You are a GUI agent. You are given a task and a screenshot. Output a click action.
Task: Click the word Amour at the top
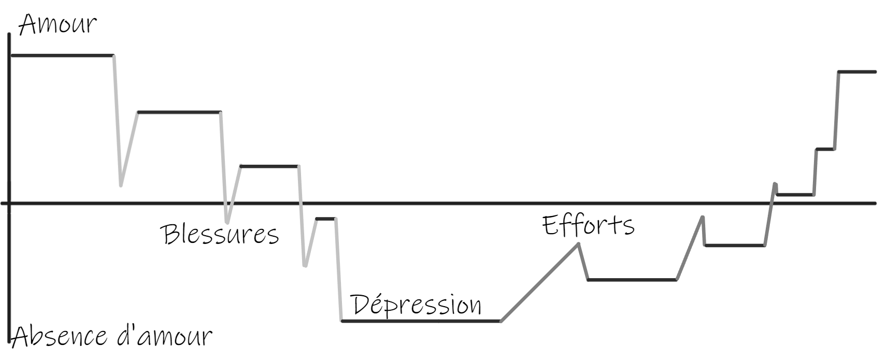click(57, 24)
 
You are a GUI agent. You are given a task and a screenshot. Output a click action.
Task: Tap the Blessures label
click(220, 234)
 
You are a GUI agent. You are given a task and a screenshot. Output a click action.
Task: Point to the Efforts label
click(588, 225)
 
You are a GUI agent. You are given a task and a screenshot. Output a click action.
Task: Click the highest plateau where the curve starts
click(62, 55)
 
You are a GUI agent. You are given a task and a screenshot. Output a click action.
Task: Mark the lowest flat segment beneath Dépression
click(420, 321)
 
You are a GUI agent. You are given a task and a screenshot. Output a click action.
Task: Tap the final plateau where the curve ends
click(857, 72)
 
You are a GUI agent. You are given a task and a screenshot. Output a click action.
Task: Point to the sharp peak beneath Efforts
click(578, 244)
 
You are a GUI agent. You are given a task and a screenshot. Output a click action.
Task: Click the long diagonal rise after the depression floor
click(539, 283)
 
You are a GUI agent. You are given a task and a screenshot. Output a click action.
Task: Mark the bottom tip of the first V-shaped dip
click(121, 184)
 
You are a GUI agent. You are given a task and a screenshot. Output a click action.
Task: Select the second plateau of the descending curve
click(179, 112)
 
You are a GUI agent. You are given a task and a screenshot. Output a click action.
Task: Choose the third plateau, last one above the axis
click(269, 166)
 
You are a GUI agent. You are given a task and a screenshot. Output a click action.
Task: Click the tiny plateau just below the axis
click(325, 219)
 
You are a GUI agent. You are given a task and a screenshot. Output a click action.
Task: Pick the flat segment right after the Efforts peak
click(632, 280)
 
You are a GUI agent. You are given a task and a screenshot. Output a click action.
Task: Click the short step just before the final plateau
click(825, 149)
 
